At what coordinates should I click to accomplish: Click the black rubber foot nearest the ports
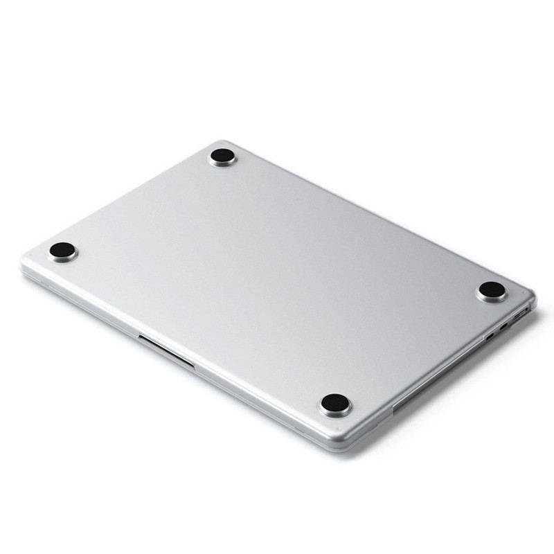(492, 290)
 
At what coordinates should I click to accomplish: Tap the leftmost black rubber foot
(62, 251)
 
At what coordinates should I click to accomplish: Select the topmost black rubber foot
(222, 157)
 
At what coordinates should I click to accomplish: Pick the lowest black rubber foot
(335, 404)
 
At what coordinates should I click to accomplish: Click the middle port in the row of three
(504, 326)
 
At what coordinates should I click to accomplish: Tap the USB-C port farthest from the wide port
(490, 337)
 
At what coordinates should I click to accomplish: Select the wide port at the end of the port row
(521, 314)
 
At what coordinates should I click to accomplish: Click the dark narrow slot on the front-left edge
(166, 350)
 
